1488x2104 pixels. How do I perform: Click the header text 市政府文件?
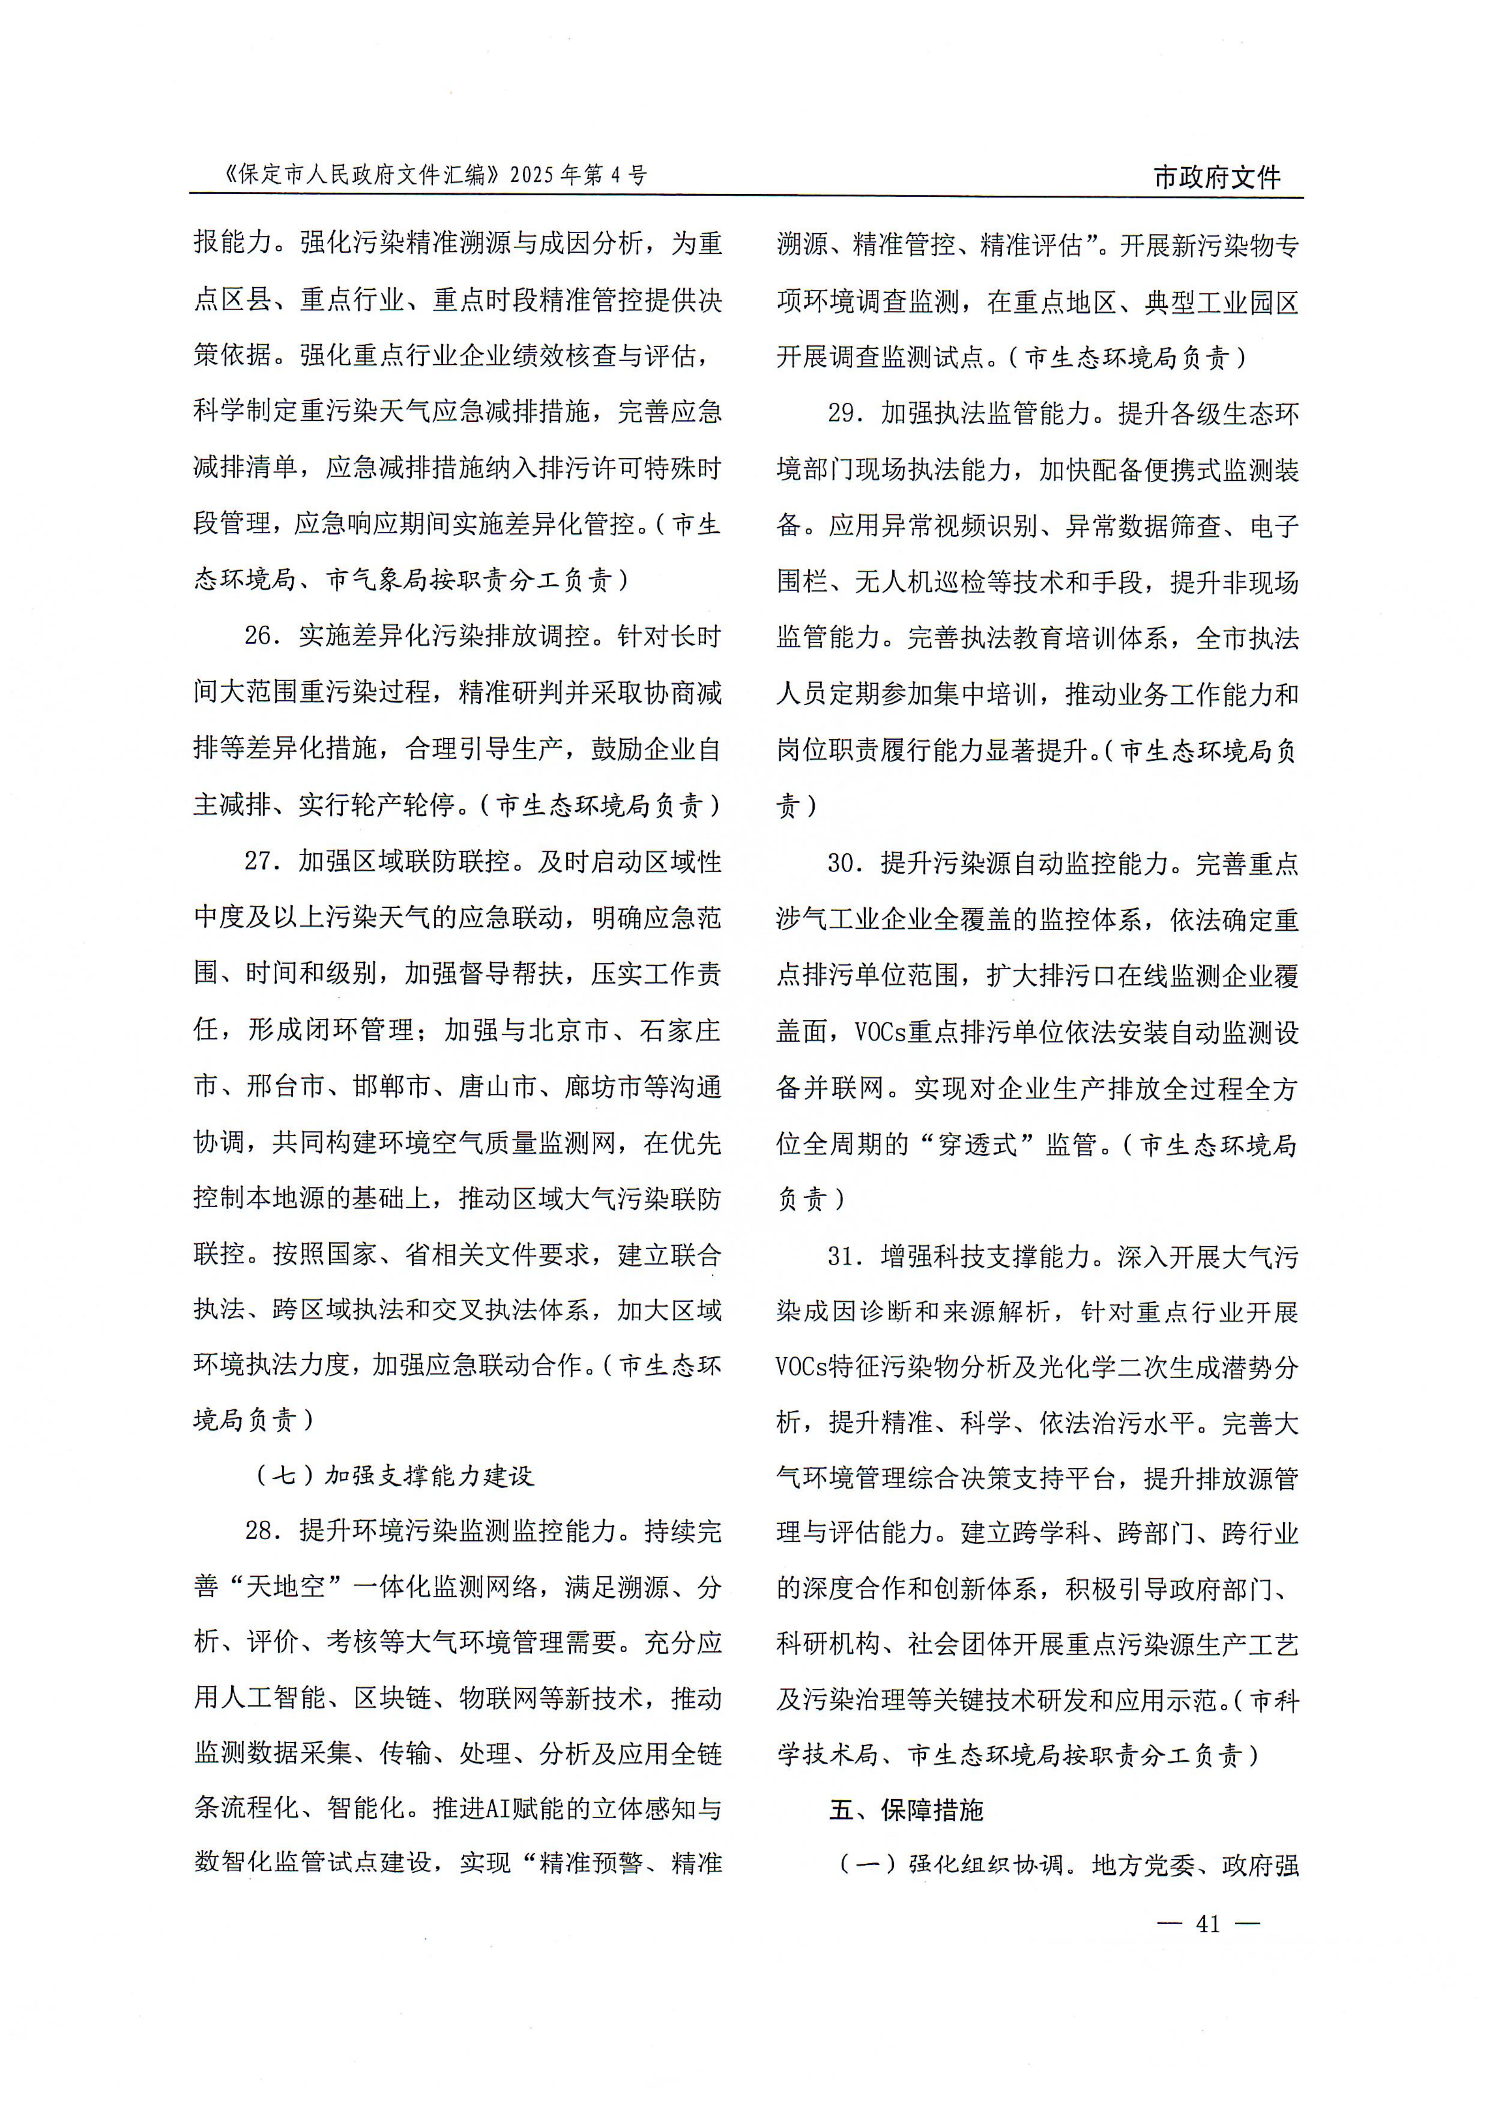[1216, 177]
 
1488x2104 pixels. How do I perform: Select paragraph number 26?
[261, 636]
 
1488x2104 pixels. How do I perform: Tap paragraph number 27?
[261, 861]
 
